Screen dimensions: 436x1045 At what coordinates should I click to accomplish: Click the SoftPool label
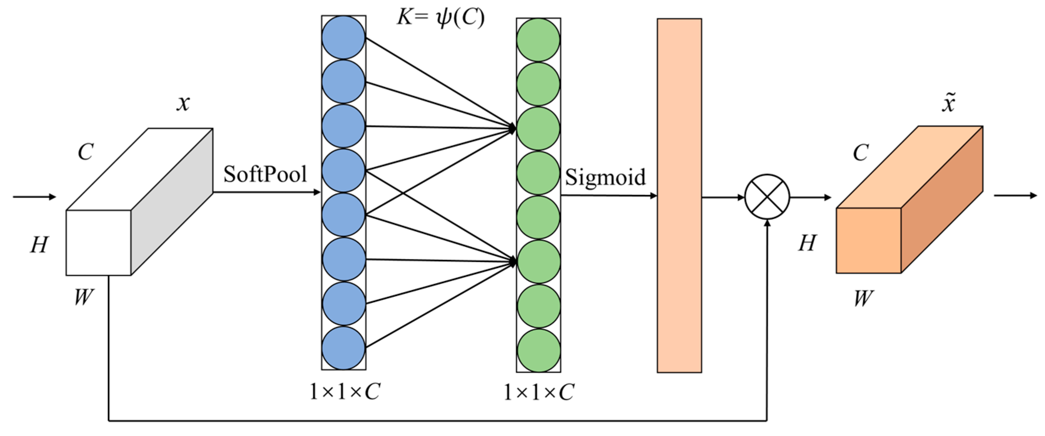(265, 174)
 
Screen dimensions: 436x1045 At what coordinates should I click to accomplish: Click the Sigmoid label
(605, 177)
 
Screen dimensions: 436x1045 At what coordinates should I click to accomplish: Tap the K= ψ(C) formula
(440, 18)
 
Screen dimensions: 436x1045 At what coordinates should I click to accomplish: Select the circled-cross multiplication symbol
(767, 197)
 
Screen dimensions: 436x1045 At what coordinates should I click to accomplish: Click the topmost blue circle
(344, 37)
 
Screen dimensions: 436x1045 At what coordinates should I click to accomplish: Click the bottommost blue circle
(344, 348)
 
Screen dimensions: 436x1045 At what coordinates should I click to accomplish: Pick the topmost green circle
(538, 40)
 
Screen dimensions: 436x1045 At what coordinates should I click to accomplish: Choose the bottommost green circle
(538, 350)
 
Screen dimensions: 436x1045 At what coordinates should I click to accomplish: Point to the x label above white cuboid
(183, 103)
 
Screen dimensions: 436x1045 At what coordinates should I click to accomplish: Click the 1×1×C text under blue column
(345, 392)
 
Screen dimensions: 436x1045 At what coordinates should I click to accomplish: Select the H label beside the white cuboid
(39, 244)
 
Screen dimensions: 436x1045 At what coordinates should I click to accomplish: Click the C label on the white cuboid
(86, 152)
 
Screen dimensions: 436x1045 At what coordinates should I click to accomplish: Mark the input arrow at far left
(34, 197)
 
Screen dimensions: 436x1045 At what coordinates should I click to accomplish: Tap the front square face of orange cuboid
(868, 241)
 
